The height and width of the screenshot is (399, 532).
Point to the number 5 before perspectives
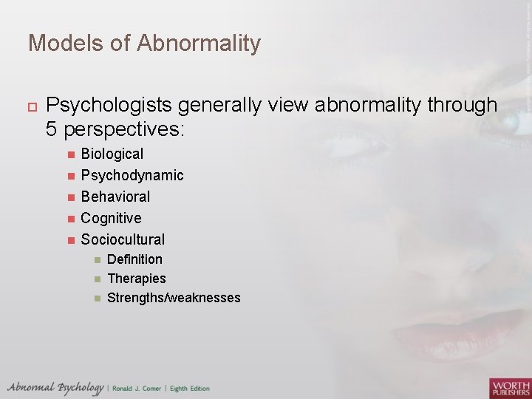coord(52,130)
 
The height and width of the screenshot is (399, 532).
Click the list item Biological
coord(112,154)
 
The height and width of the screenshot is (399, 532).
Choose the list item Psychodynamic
coord(132,176)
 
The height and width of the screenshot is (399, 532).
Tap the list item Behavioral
coord(115,197)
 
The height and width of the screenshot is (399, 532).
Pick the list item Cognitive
coord(111,219)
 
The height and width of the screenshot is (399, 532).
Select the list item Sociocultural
coord(123,240)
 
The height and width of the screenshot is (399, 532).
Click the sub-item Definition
coord(134,259)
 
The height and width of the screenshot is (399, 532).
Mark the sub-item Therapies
coord(136,279)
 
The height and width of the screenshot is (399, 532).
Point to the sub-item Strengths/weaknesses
coord(174,298)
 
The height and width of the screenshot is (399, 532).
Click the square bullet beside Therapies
coord(98,279)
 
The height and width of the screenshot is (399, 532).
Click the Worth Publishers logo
coord(509,387)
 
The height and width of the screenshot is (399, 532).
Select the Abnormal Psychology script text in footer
coord(55,388)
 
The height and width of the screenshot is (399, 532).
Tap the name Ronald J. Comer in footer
coord(138,389)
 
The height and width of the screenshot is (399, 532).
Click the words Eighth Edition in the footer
coord(191,389)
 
